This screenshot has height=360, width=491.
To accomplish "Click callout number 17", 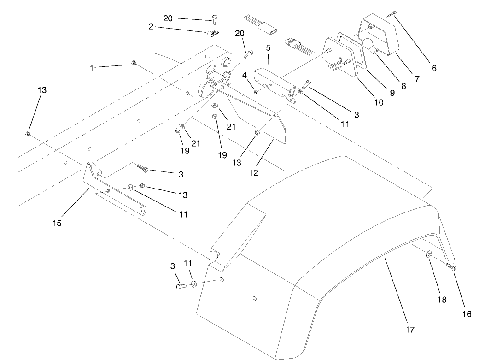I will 410,330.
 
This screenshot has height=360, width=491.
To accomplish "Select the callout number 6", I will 433,68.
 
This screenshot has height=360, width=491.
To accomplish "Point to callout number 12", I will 253,173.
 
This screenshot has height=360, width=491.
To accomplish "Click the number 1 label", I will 92,68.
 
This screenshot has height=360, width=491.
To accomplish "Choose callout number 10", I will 379,103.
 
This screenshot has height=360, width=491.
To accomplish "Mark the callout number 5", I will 268,47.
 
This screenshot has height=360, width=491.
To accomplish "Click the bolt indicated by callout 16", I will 450,267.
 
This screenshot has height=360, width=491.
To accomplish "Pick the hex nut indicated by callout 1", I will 133,63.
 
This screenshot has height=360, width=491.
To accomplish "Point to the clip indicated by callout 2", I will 212,33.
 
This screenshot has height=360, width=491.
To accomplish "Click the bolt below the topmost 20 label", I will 215,18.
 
